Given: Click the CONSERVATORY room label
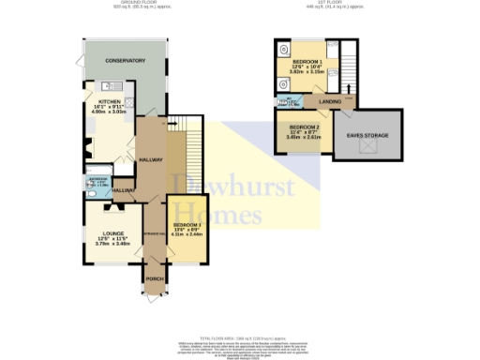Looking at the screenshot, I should (126, 61).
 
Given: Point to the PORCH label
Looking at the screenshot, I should (153, 277).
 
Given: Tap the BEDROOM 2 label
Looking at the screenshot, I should (304, 127).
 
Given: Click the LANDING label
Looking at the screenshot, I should (329, 101).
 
